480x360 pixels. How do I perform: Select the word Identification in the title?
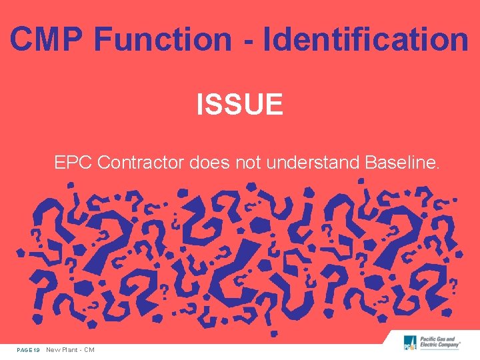click(366, 39)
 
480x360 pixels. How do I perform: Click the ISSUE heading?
click(240, 105)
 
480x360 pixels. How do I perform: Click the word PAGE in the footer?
click(25, 350)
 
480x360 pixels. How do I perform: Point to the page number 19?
click(37, 350)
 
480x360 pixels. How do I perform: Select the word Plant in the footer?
click(71, 350)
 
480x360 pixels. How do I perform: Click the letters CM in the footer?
click(89, 350)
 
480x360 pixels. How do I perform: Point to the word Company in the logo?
click(449, 347)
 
